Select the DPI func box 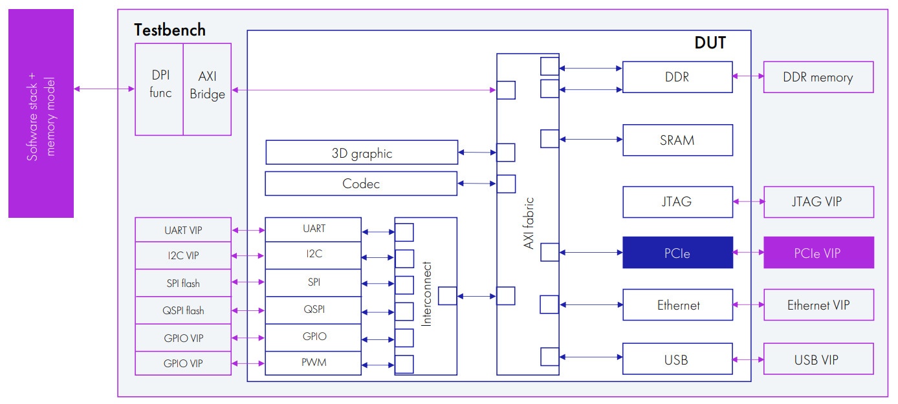(x=159, y=89)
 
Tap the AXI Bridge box (x=207, y=89)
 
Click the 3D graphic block (x=362, y=153)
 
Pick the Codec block (x=361, y=184)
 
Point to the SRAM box (x=677, y=140)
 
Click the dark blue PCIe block (x=677, y=253)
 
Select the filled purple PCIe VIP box (x=818, y=253)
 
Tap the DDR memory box (x=818, y=78)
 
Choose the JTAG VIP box (x=818, y=202)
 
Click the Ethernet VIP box (x=818, y=305)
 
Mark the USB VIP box (x=818, y=359)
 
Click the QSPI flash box (x=183, y=310)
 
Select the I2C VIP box (x=183, y=256)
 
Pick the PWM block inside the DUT (x=313, y=363)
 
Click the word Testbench (x=170, y=30)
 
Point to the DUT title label (x=710, y=43)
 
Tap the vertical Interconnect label (x=426, y=293)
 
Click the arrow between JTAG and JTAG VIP (x=749, y=202)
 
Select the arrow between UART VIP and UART (x=248, y=229)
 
